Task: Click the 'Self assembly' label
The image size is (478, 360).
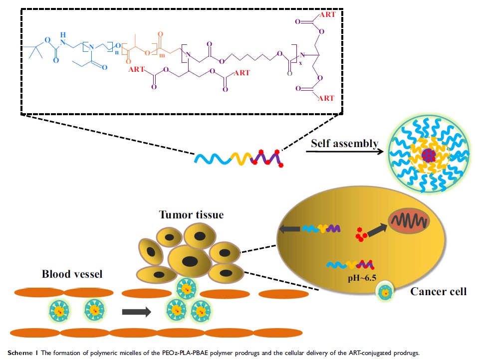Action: point(344,143)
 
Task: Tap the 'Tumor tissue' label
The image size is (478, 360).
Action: point(191,215)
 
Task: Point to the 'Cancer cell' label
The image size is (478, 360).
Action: point(439,291)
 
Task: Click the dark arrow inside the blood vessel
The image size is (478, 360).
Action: point(136,312)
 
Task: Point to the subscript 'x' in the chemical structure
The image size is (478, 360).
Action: point(301,62)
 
